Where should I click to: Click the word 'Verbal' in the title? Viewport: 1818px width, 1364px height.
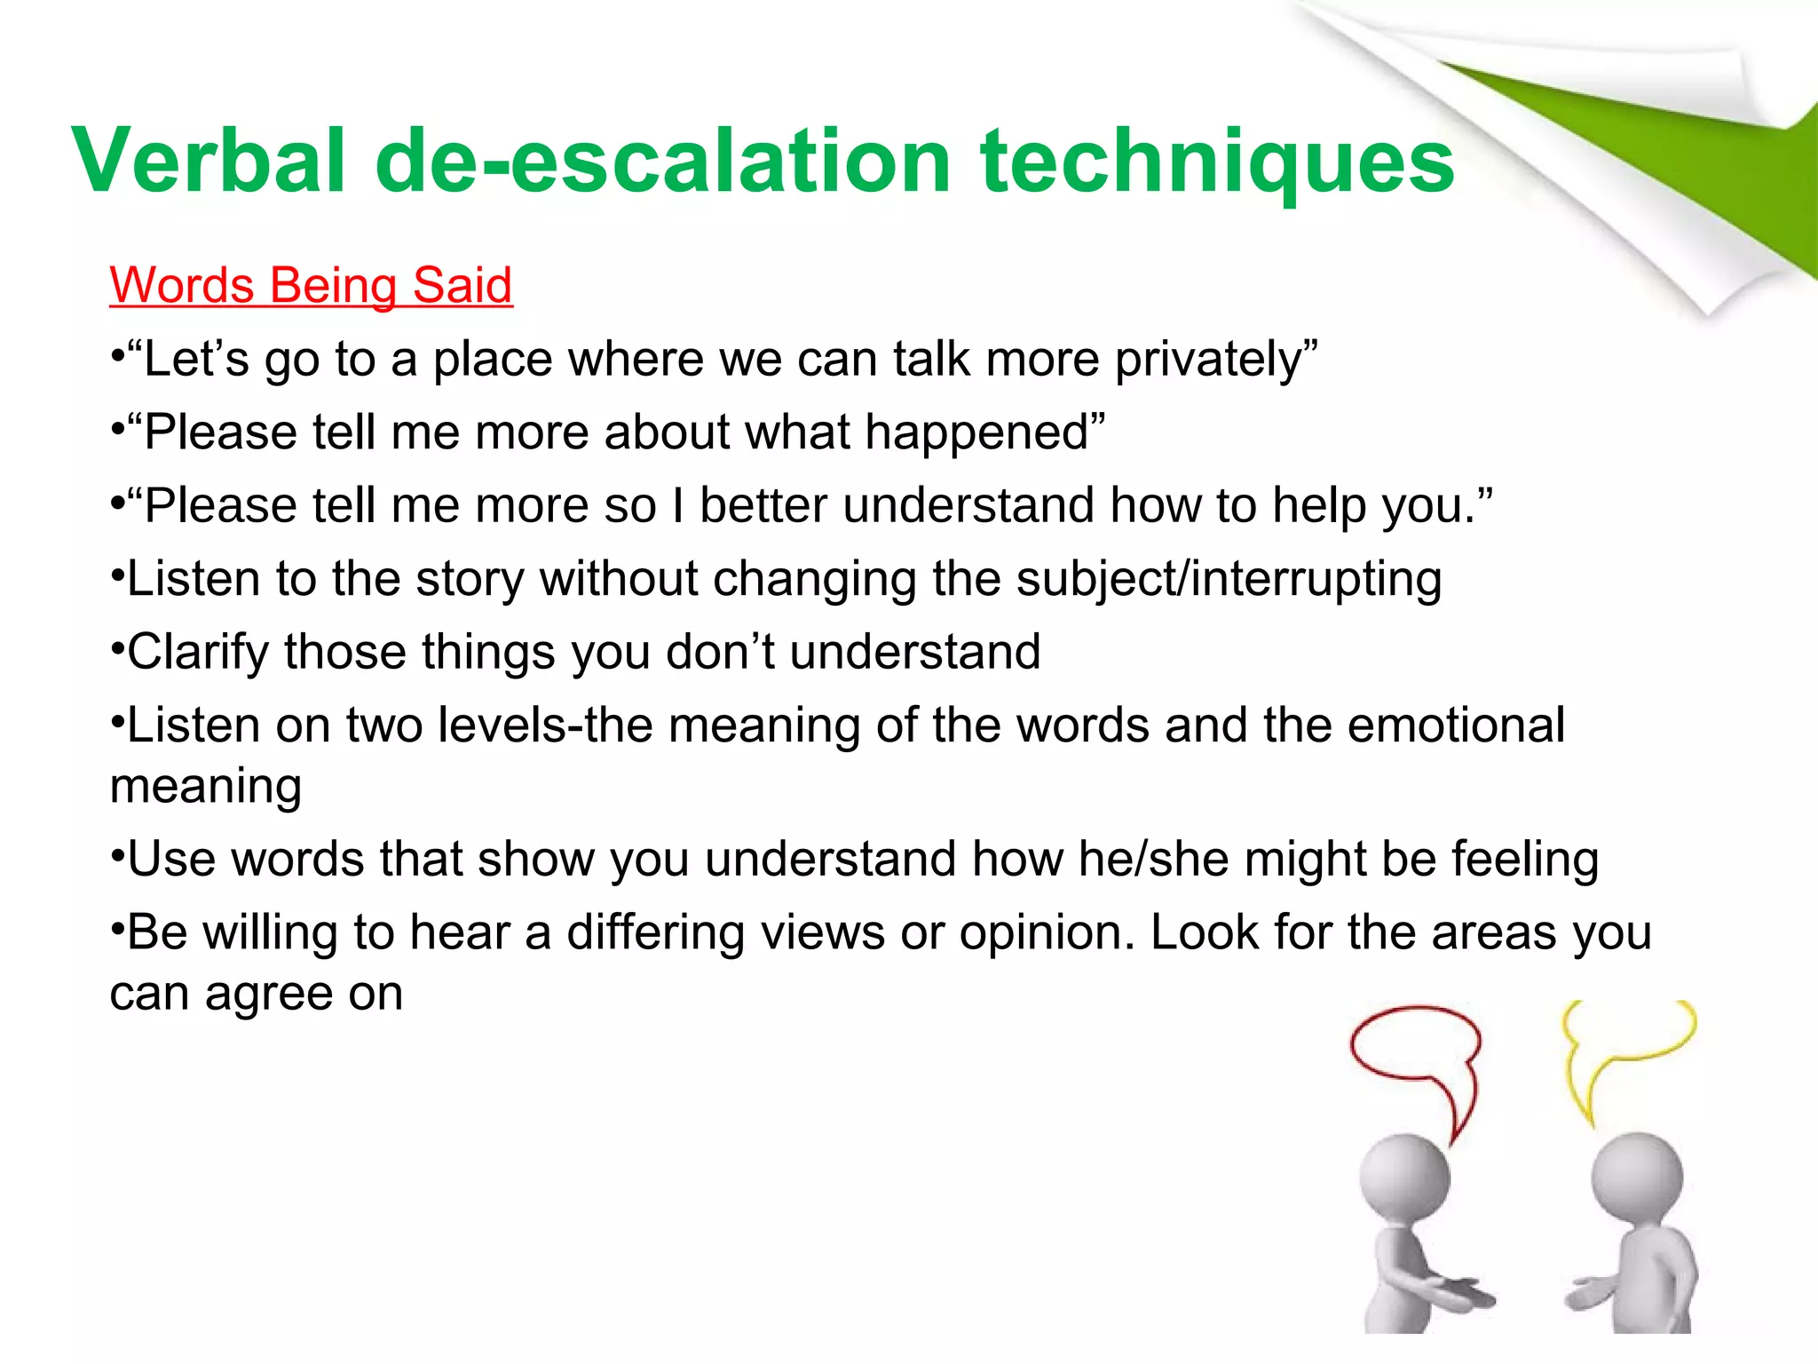pyautogui.click(x=209, y=162)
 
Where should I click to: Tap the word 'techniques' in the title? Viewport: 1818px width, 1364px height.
pyautogui.click(x=1217, y=162)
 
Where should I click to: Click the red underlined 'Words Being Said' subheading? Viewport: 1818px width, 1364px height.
pyautogui.click(x=311, y=286)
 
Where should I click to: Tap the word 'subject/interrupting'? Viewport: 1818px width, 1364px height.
pyautogui.click(x=1229, y=580)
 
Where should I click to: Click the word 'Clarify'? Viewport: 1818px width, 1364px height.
pyautogui.click(x=197, y=653)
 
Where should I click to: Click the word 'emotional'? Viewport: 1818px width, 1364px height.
pyautogui.click(x=1456, y=726)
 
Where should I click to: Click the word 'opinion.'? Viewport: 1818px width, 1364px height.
pyautogui.click(x=1047, y=933)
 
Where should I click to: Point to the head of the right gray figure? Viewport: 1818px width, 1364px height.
pyautogui.click(x=1637, y=1178)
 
